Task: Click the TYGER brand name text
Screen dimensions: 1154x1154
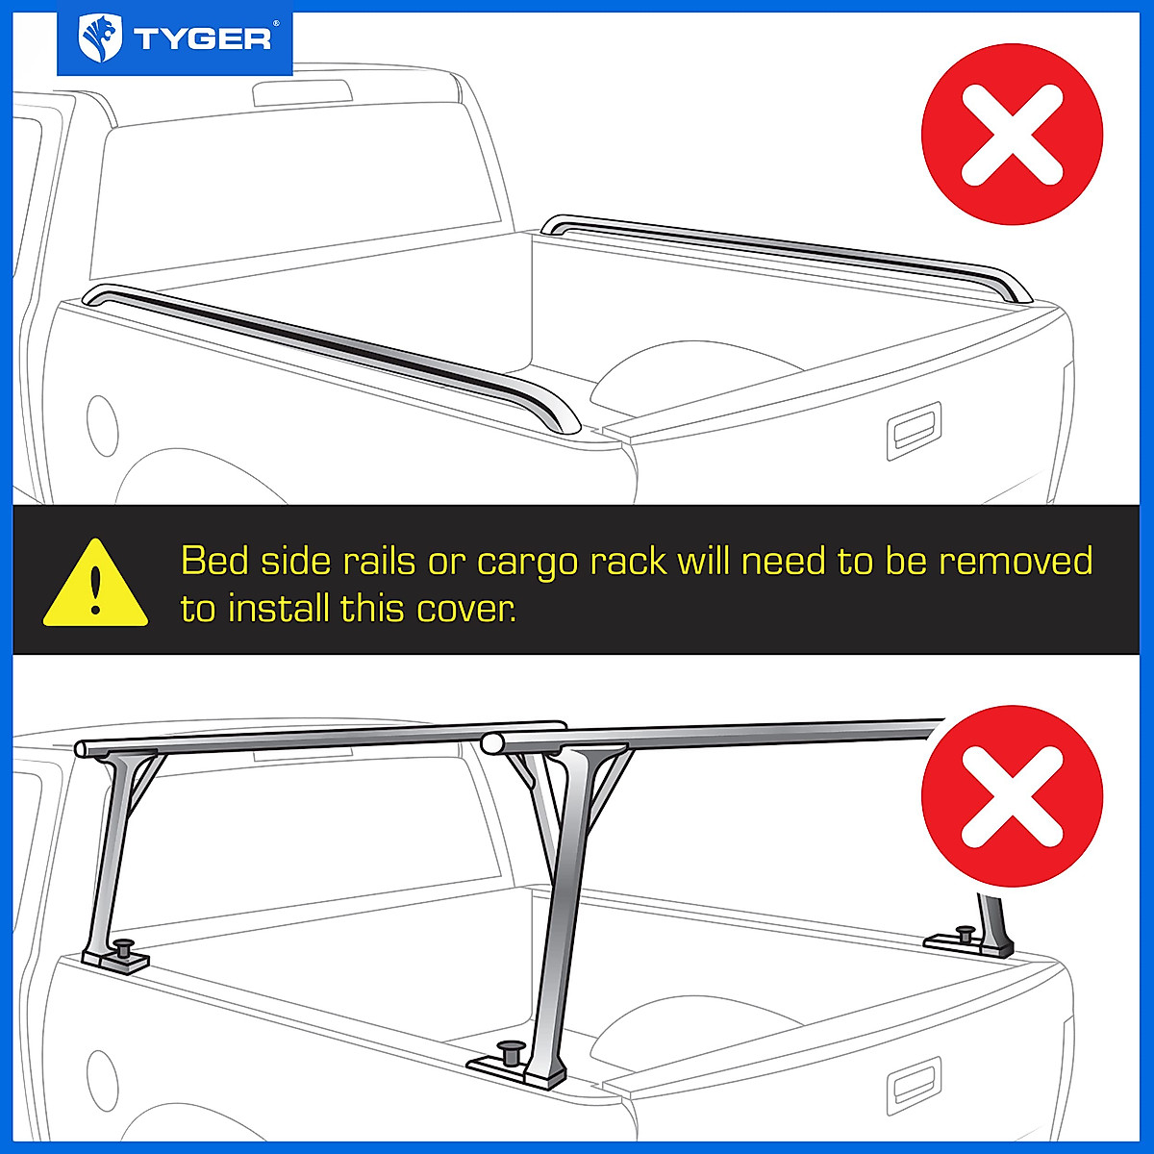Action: [203, 39]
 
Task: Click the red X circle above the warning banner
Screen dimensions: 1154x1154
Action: [1012, 135]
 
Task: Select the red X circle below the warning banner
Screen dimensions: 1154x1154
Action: [1012, 796]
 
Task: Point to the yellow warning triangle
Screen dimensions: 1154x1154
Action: [95, 585]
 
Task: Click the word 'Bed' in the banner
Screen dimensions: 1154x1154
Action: [215, 561]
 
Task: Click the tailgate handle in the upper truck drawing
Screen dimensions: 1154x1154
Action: [913, 429]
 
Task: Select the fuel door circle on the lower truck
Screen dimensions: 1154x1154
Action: [102, 1081]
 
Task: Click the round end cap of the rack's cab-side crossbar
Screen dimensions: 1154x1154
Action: [83, 748]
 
